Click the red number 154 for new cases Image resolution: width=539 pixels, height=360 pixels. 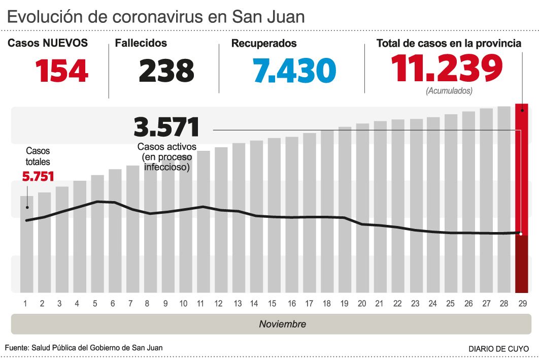pos(61,71)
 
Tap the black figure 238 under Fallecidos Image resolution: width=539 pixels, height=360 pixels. pos(166,71)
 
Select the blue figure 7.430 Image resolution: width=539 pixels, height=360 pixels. pos(294,71)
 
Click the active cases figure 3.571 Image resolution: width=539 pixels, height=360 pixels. pos(166,127)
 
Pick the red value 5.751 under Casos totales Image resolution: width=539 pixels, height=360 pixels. pos(38,176)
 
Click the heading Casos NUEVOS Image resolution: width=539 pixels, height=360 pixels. pos(48,43)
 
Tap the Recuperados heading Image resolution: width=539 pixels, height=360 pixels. pos(264,44)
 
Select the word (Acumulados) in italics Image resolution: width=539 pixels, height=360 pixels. pos(449,91)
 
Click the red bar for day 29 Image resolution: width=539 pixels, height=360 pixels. pos(521,198)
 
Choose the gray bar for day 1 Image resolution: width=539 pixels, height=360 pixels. pos(27,244)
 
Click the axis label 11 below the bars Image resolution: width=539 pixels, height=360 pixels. pos(200,304)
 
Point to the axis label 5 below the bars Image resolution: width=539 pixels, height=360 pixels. pos(94,304)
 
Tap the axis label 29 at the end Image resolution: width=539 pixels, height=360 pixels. pos(521,304)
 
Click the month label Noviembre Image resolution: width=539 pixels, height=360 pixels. pos(283,324)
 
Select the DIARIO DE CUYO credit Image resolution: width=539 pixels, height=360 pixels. pos(498,349)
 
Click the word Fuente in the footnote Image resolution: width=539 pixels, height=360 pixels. pos(16,348)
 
